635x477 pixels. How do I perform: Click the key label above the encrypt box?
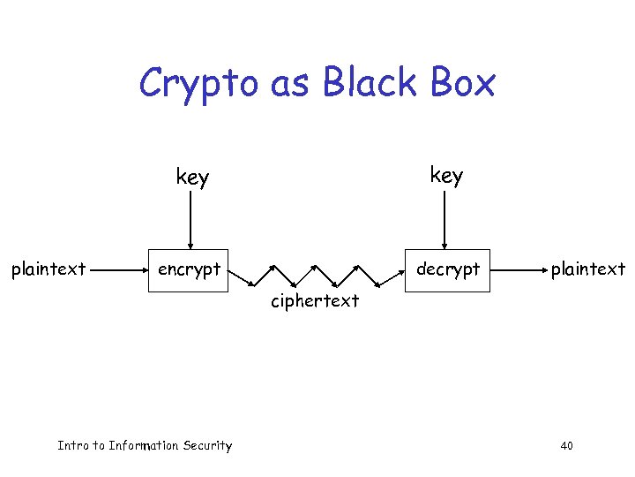(192, 178)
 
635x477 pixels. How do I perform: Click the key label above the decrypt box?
(445, 176)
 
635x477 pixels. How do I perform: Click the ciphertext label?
(315, 301)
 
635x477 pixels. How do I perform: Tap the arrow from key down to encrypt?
(189, 221)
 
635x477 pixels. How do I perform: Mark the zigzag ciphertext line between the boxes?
(316, 274)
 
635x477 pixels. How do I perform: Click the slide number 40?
(566, 446)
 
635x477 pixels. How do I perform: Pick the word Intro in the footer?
(72, 445)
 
